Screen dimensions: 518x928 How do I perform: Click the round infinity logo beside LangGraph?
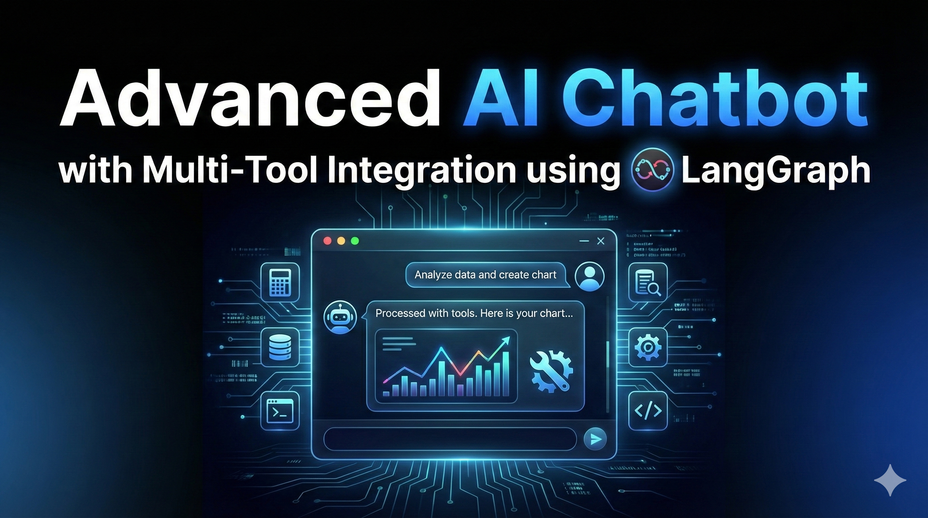(652, 169)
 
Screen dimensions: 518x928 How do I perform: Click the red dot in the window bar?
(327, 241)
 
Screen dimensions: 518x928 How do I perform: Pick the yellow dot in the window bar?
(341, 241)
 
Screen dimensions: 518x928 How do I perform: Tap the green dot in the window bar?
(355, 241)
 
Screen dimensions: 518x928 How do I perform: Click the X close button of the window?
(601, 241)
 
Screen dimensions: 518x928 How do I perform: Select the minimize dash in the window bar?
(584, 241)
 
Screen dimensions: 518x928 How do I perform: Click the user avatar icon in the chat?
(590, 276)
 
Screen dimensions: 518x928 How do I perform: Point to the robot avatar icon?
(340, 317)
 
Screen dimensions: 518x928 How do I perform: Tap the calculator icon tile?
(280, 282)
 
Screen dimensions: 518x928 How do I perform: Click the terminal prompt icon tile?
(280, 411)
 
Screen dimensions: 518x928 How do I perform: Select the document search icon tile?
(648, 282)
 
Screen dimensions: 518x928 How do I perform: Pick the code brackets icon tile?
(648, 411)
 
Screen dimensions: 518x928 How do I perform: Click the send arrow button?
(595, 439)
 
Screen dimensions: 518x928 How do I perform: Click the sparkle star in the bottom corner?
(890, 480)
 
